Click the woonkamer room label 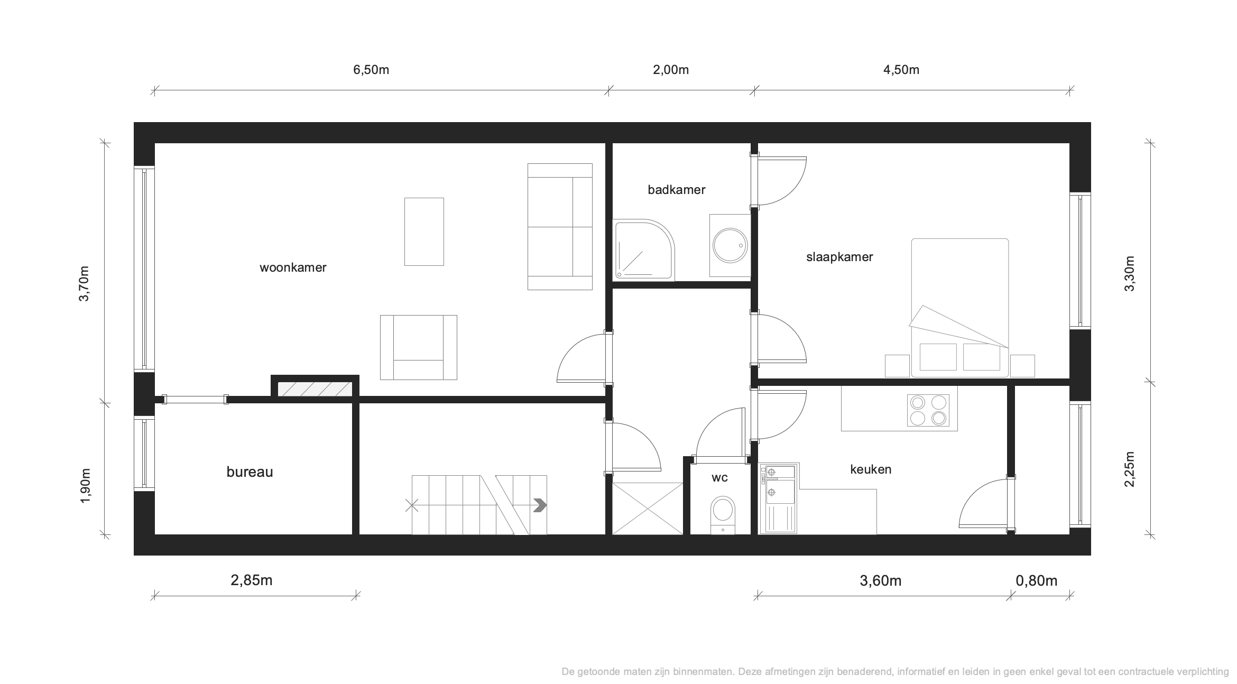pos(293,267)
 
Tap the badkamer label pos(677,190)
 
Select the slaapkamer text pos(839,257)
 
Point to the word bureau pos(250,472)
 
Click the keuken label pos(871,469)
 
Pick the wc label pos(719,478)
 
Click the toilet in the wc pos(723,515)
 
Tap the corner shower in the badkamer pos(644,251)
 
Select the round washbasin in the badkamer pos(730,245)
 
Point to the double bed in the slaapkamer pos(960,308)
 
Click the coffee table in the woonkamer pos(424,232)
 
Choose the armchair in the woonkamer pos(419,347)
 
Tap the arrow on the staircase pos(540,505)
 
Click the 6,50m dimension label pos(371,70)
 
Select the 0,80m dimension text pos(1037,581)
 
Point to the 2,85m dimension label pos(252,580)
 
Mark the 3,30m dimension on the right pos(1129,273)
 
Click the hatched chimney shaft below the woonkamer pos(315,389)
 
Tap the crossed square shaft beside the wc pos(648,509)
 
